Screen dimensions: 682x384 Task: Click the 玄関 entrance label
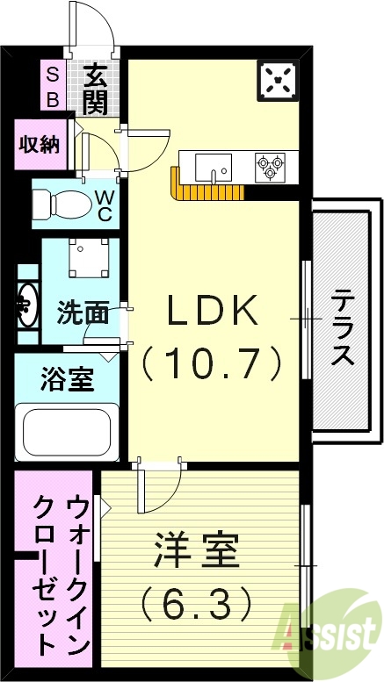tap(97, 89)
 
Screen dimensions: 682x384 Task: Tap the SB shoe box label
tap(52, 87)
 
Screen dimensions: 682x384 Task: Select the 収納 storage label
tap(40, 143)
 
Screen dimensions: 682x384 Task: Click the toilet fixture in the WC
tap(60, 205)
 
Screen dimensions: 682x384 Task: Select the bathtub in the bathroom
tap(68, 431)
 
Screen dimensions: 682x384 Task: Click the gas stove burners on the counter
tap(270, 166)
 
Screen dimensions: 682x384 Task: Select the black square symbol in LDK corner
tap(279, 81)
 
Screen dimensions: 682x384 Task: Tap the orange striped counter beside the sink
tap(207, 191)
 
